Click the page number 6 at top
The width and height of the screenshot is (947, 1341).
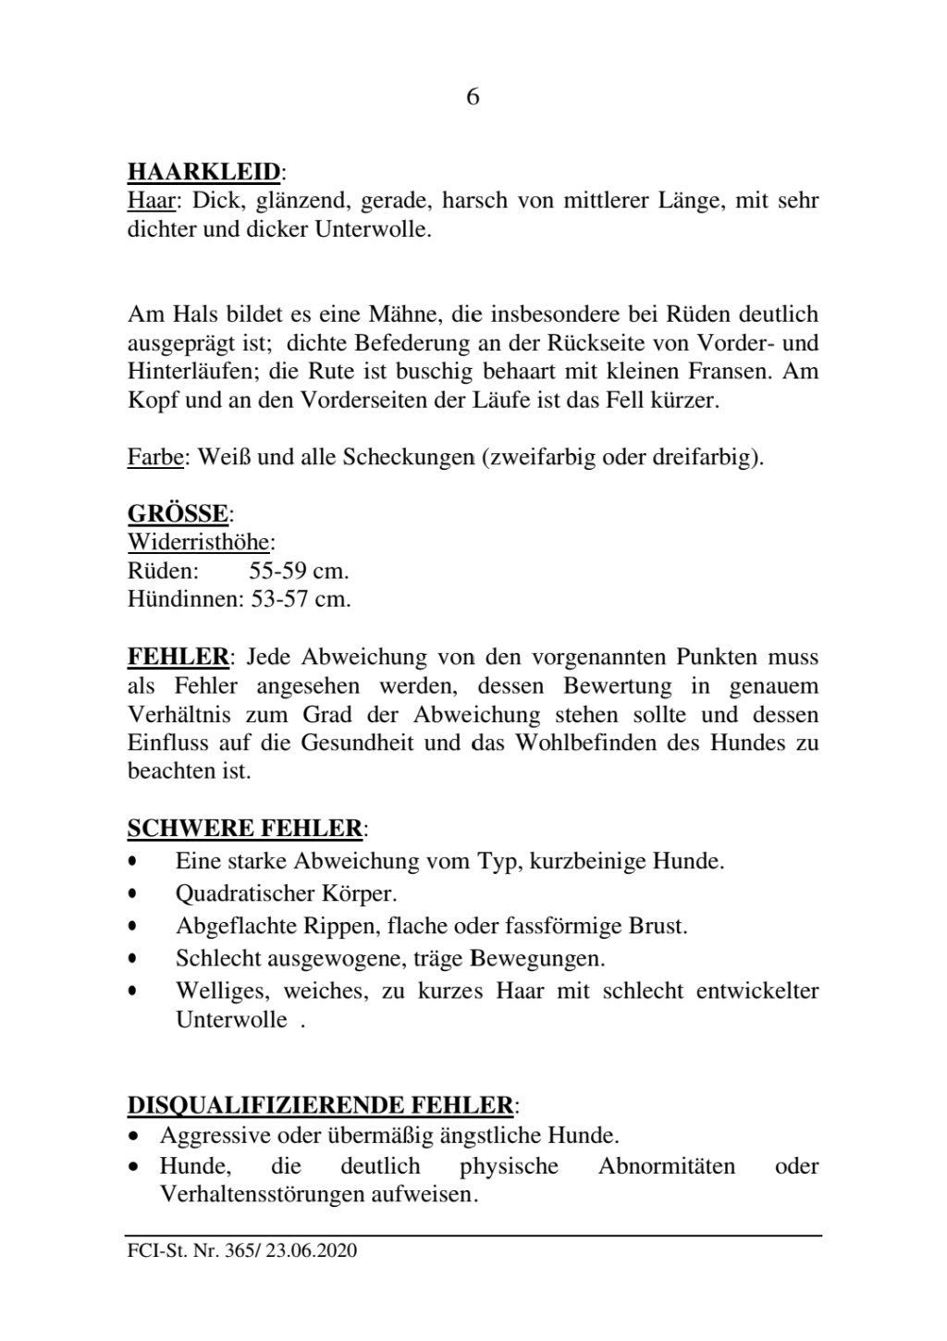coord(473,97)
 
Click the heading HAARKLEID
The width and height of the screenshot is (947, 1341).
coord(203,171)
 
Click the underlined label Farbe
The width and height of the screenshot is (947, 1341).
coord(154,457)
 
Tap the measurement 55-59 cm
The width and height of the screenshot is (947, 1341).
coord(299,570)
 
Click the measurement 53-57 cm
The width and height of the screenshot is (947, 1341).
coord(301,598)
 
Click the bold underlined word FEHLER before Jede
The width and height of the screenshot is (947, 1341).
coord(178,658)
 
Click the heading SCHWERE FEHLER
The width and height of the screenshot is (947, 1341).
coord(244,827)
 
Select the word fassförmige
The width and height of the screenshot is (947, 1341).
coord(559,925)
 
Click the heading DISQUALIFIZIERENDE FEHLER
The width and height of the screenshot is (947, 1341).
coord(320,1104)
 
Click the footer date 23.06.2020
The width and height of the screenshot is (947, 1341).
coord(312,1251)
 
